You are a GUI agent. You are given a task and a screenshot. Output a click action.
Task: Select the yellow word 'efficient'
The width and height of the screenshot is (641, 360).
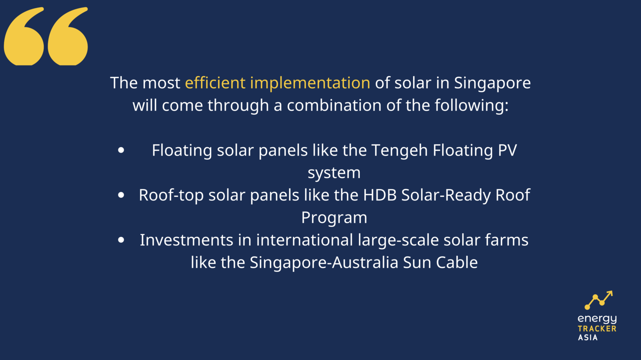(x=215, y=83)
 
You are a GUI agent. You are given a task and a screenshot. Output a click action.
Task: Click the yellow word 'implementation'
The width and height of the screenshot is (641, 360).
(x=310, y=83)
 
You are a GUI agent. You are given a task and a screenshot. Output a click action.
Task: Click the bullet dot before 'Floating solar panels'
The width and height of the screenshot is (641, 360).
(x=121, y=150)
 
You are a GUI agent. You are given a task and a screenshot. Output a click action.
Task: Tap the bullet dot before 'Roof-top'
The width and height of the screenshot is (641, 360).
(x=121, y=195)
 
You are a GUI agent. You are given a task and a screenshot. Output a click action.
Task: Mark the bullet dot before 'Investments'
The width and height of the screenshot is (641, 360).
(x=121, y=240)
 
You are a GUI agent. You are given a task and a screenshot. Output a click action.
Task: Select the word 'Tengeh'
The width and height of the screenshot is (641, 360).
(x=399, y=151)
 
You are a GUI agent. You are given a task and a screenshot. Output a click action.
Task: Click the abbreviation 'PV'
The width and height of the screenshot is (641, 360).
(x=507, y=150)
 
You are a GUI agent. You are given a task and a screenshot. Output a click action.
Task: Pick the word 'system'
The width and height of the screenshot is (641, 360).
(x=334, y=173)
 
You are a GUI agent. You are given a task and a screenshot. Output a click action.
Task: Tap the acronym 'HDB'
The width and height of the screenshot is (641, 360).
(x=380, y=195)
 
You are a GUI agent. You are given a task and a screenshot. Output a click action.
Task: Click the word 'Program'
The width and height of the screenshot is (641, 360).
(x=334, y=218)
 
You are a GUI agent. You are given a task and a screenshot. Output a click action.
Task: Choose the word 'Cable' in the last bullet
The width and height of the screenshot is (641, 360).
(x=457, y=263)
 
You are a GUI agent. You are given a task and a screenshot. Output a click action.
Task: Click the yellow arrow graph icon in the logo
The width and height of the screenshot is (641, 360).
(x=598, y=300)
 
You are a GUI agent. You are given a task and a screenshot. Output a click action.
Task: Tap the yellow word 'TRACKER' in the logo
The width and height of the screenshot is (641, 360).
(x=597, y=329)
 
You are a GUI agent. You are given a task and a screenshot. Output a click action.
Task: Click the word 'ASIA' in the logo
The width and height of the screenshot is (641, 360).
(x=588, y=337)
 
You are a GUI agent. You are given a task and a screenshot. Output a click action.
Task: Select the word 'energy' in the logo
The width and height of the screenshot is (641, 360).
(x=597, y=319)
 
